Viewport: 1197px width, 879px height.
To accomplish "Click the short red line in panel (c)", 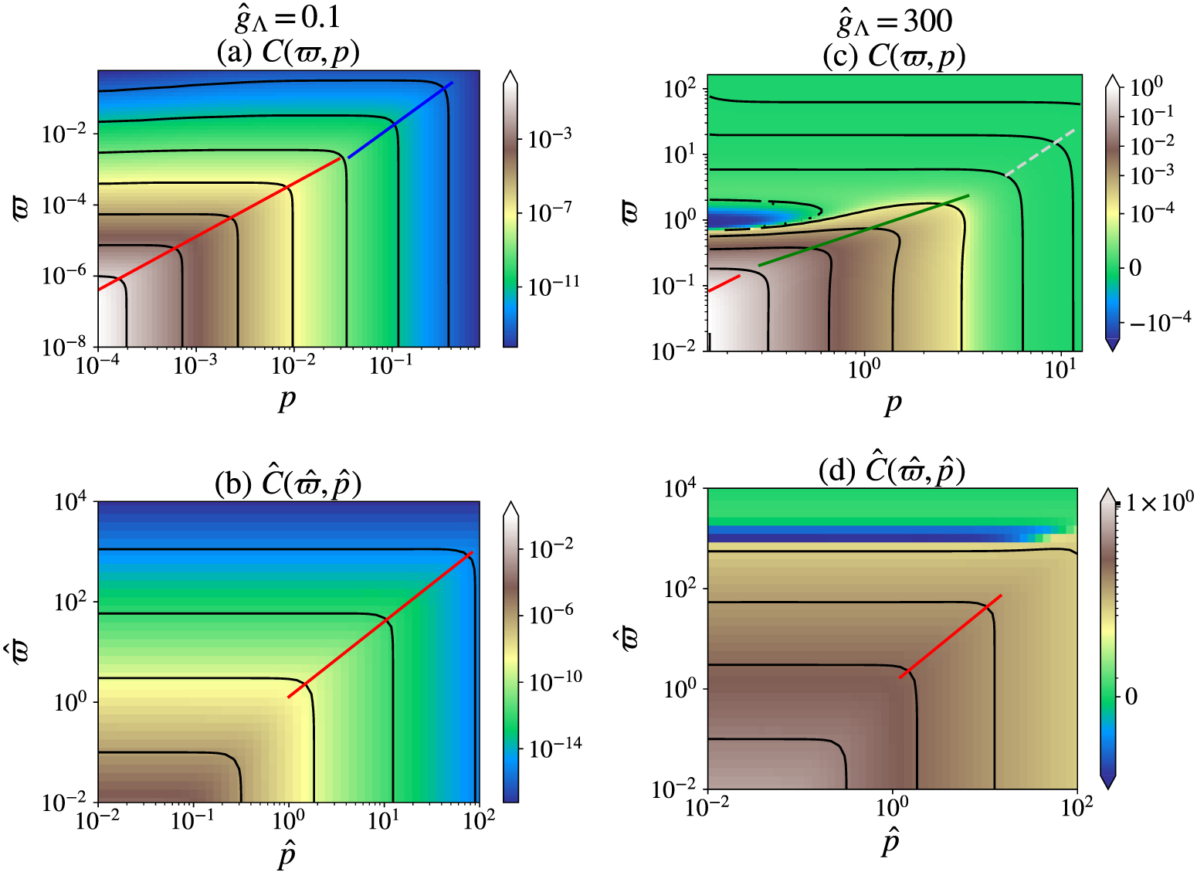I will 724,283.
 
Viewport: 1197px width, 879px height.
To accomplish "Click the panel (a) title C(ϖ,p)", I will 288,52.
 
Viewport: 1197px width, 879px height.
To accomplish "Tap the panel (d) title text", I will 892,470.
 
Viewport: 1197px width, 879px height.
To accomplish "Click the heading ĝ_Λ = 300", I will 894,20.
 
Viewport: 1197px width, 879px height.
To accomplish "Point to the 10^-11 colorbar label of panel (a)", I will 553,286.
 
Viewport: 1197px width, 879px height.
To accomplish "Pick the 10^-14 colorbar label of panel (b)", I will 555,747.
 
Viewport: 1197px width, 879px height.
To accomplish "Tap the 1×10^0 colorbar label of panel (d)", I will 1159,503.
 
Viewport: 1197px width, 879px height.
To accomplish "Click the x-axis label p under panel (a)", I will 287,399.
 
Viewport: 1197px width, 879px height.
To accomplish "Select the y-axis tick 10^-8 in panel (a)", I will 64,348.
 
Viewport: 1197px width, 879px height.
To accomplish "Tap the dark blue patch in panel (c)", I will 741,215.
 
